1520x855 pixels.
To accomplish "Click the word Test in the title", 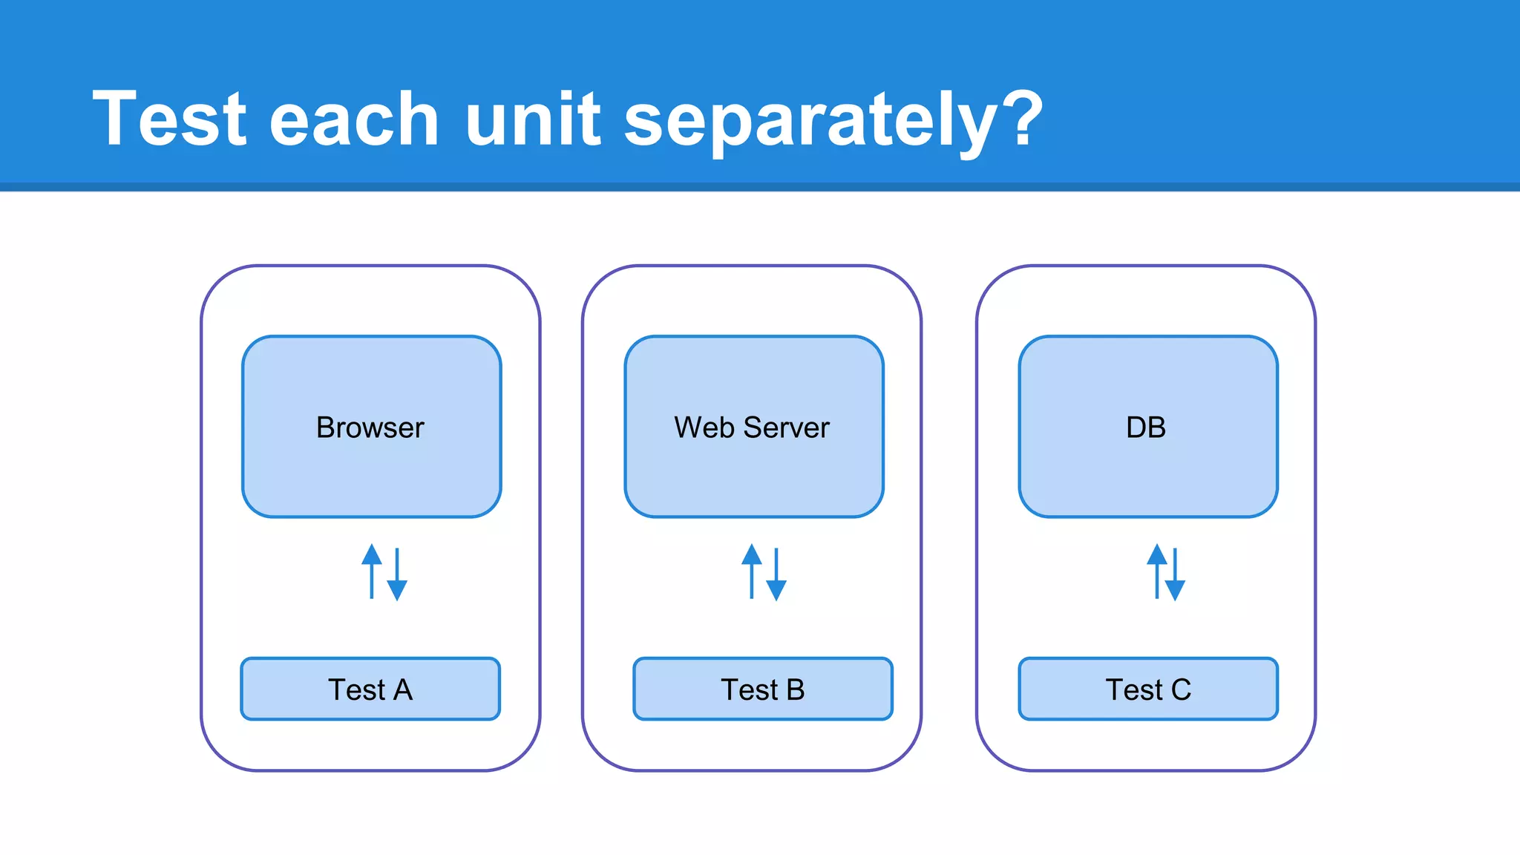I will tap(169, 119).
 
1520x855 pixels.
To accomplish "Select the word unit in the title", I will tap(532, 119).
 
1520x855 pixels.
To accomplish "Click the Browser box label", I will tap(370, 428).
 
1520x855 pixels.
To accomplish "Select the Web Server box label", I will tap(752, 428).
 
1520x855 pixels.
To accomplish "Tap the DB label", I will tap(1145, 428).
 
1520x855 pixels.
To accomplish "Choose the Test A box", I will tap(370, 689).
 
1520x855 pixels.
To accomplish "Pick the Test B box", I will tap(762, 689).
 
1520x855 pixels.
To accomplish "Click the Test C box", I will tap(1147, 689).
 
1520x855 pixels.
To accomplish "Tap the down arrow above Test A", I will tap(397, 574).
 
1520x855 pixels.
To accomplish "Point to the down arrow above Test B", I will tap(776, 574).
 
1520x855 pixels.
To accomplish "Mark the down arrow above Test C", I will tap(1175, 574).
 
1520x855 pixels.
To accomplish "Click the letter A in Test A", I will tap(403, 690).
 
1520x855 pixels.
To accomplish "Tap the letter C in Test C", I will tap(1181, 690).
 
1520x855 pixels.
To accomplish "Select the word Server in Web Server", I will tap(786, 428).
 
